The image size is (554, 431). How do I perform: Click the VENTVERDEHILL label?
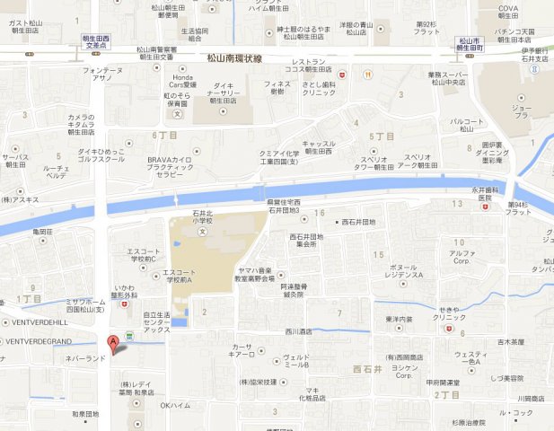[37, 322]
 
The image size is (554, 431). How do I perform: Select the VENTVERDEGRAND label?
[40, 341]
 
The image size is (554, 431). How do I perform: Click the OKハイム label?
[175, 406]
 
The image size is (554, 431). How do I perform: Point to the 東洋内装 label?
[399, 319]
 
